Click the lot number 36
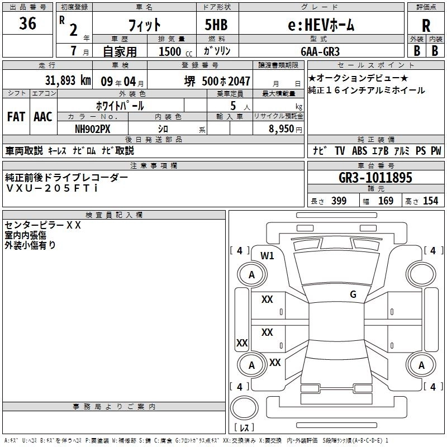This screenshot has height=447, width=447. coord(27,24)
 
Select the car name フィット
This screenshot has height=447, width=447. coord(145,25)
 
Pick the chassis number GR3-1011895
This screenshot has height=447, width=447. coord(375,178)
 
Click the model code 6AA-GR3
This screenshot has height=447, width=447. coord(320,51)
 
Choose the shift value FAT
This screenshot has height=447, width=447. coord(16,117)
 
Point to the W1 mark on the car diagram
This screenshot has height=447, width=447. coord(268,256)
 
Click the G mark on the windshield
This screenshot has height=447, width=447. coord(353,294)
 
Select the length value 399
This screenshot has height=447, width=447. coord(339,201)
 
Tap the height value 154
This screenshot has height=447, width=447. coord(430,201)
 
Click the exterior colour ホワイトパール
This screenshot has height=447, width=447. coord(121,105)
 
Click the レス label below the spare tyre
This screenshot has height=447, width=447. coord(244,428)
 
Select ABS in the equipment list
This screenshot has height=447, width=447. coord(359,151)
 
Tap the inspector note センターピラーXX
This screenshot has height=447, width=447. coord(43,225)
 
